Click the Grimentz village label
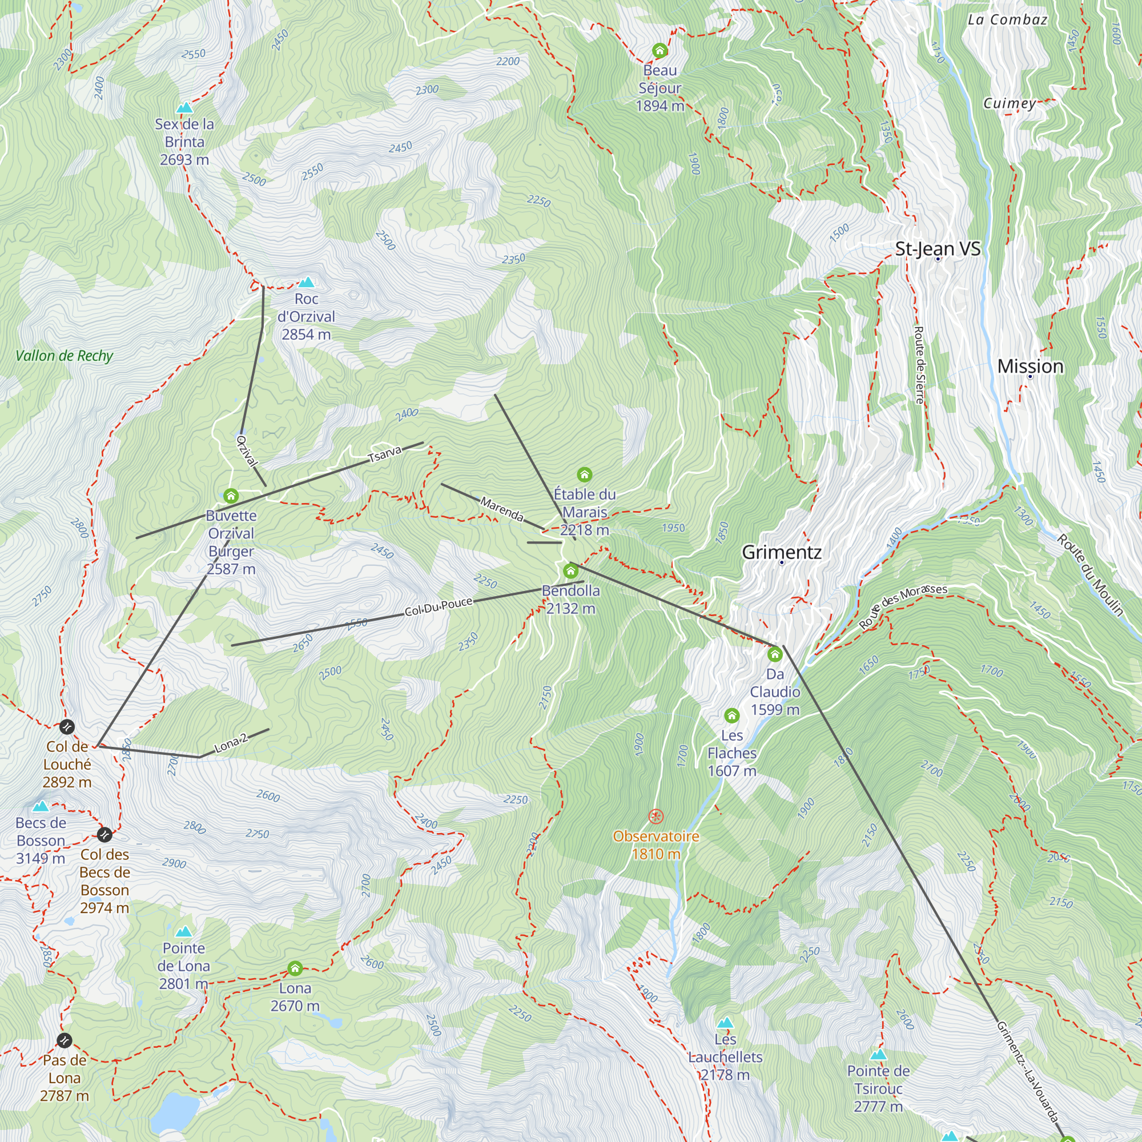[782, 552]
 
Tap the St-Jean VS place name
[938, 249]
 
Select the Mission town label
[1030, 366]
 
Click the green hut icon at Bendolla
[570, 571]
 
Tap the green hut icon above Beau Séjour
[660, 51]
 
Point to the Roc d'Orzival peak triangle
[306, 283]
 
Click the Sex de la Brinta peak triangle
[185, 107]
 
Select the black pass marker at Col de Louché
[67, 726]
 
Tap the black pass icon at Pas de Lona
[65, 1040]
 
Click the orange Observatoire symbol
[656, 817]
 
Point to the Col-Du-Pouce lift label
[439, 606]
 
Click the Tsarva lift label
[385, 454]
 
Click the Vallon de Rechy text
[64, 356]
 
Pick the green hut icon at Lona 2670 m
[295, 968]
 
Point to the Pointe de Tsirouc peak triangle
[878, 1055]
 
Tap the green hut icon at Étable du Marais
[585, 475]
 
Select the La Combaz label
[1007, 19]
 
